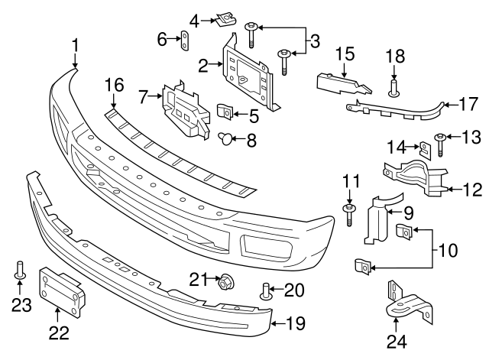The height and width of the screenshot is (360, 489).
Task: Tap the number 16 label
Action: (114, 84)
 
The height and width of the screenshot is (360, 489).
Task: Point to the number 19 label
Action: (299, 324)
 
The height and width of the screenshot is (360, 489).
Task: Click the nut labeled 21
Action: (226, 282)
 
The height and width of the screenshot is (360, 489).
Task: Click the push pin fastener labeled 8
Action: (227, 138)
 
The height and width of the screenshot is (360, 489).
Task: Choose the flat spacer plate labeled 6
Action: (184, 41)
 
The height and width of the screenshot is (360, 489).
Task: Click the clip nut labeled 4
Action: (223, 18)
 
